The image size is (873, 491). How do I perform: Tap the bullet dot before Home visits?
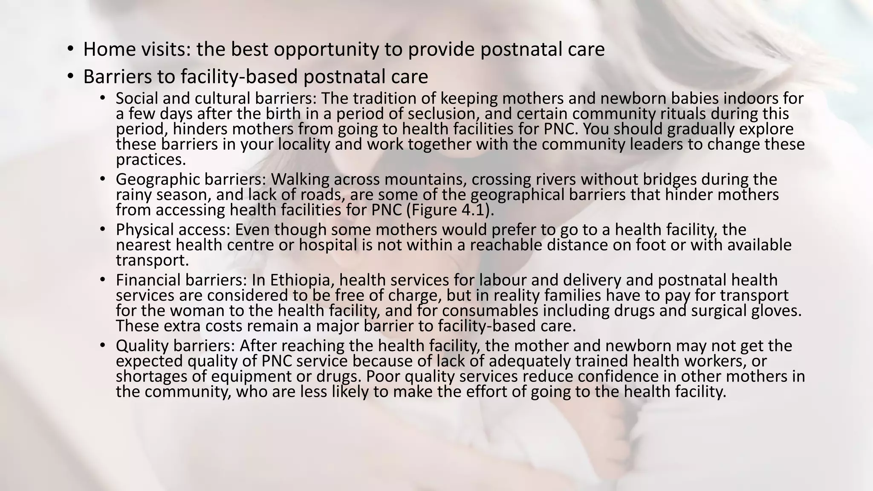[x=70, y=49]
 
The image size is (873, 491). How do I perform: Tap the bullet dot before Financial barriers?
[x=102, y=280]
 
